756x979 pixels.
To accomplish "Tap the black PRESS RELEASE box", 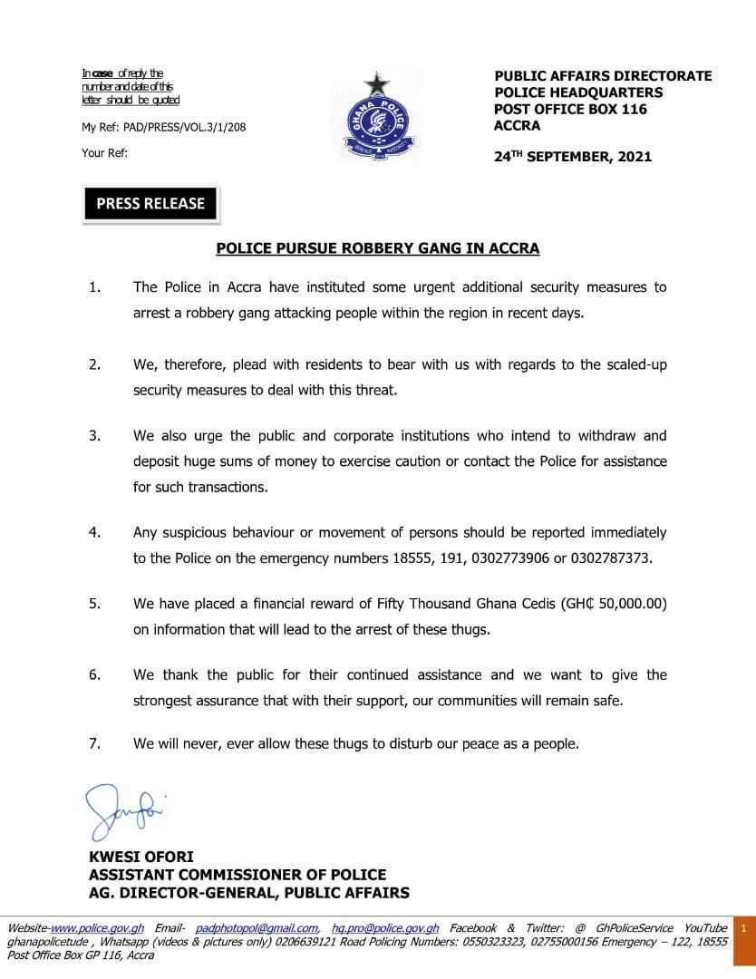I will [x=150, y=203].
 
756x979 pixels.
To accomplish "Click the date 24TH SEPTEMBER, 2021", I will [x=572, y=157].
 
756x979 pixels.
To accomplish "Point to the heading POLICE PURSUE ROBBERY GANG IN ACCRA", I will [x=377, y=248].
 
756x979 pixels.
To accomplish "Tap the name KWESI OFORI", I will [x=141, y=857].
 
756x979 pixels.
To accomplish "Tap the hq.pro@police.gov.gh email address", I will [x=385, y=928].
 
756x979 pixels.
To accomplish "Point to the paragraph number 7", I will [x=93, y=743].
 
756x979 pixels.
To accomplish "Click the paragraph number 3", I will [x=93, y=436].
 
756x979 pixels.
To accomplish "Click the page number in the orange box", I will [x=743, y=929].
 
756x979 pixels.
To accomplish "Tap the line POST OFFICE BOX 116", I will [x=570, y=110].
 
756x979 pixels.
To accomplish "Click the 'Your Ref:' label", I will [x=104, y=153].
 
